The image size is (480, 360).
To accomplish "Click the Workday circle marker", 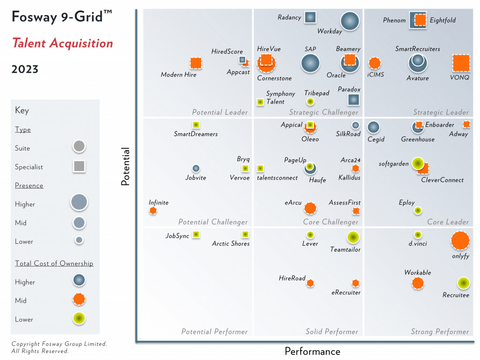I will (350, 22).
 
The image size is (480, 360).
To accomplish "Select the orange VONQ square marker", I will (461, 63).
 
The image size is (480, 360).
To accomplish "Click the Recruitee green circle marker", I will (463, 283).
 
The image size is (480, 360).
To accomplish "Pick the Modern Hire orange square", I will (195, 63).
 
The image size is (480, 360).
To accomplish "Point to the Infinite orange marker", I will (153, 211).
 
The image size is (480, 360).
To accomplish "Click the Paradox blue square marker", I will (353, 99).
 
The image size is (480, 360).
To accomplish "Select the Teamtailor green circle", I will (353, 238).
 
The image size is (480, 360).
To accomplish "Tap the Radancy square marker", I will (310, 17).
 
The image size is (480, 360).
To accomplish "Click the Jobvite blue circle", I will (196, 168).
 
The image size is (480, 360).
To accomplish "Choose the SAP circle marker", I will (310, 63).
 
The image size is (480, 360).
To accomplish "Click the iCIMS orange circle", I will (374, 63).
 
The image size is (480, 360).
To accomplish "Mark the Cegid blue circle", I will (373, 127).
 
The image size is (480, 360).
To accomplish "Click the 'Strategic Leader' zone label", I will (441, 112).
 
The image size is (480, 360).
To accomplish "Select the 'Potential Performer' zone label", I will (214, 332).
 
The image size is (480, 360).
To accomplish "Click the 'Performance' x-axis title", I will (312, 352).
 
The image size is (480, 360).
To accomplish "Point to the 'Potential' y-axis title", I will (125, 167).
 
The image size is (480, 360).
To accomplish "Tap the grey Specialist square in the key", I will (79, 166).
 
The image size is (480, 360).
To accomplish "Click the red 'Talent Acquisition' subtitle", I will (62, 44).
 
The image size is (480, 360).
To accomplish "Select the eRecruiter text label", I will (346, 292).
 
